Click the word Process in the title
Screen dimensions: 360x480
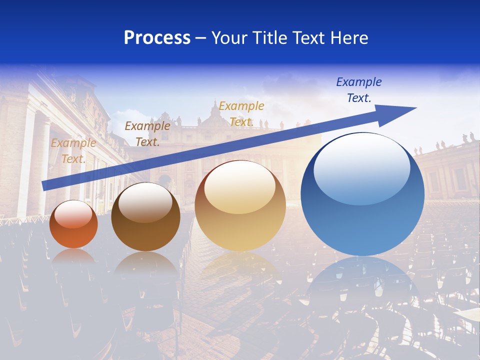tap(157, 38)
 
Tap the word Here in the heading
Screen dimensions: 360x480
tap(348, 38)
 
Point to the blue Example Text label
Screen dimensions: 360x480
tap(358, 90)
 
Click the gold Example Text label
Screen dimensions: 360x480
tap(241, 113)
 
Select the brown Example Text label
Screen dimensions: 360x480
tap(147, 133)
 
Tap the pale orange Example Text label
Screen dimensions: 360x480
tap(73, 150)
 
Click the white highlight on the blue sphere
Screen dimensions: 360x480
tap(361, 169)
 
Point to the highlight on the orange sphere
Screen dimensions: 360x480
tap(73, 214)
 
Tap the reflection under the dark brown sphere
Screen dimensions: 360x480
tap(145, 265)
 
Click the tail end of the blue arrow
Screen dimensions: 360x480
tap(46, 185)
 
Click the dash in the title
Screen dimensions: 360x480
tap(200, 38)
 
